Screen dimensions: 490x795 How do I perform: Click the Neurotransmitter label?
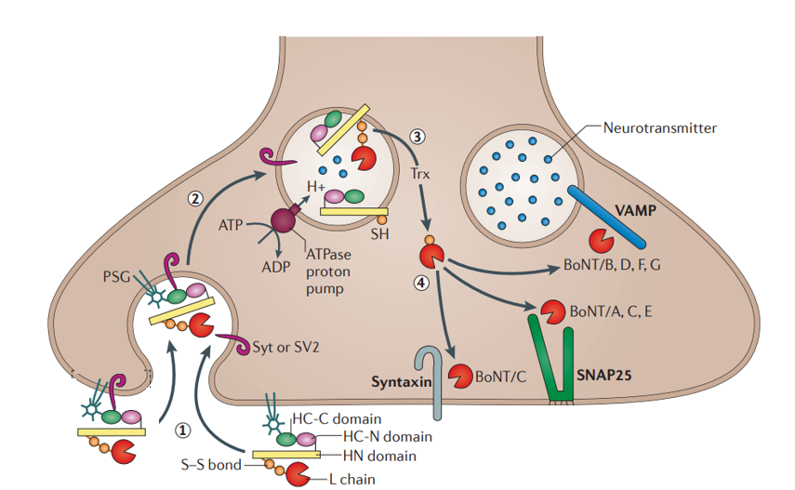(660, 127)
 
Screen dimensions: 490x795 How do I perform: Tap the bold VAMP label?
(636, 211)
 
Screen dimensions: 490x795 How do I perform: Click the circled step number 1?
(184, 430)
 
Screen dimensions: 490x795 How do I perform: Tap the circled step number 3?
(417, 137)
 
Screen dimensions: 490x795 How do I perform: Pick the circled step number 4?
(421, 284)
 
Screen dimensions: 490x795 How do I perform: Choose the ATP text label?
(231, 225)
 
